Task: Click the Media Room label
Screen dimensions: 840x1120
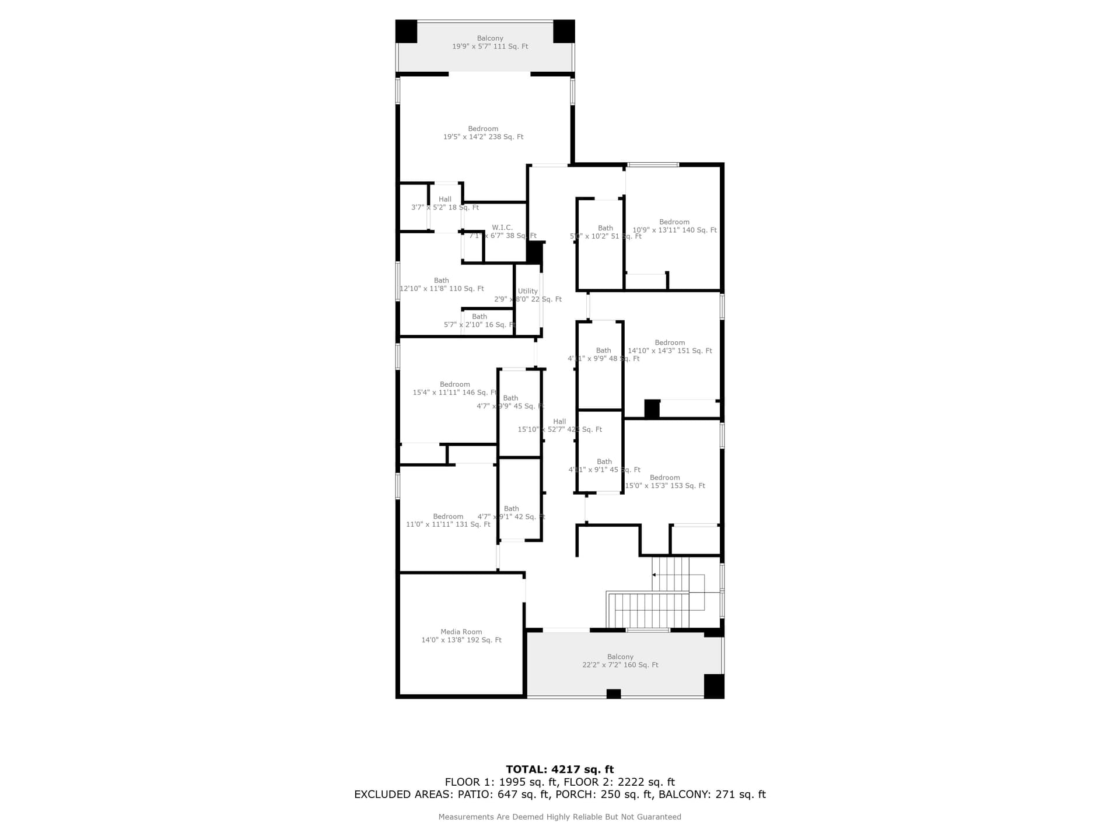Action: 461,636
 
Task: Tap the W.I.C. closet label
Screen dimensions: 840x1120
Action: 502,232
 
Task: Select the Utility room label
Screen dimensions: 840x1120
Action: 528,295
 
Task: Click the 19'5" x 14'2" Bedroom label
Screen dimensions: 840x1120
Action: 483,133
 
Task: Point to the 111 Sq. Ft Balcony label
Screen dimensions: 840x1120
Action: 490,42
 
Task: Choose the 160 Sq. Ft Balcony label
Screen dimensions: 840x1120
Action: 620,661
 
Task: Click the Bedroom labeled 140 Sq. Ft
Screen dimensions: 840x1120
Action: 674,226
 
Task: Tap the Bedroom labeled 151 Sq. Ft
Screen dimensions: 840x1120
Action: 670,347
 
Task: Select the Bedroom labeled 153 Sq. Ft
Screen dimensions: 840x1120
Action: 665,482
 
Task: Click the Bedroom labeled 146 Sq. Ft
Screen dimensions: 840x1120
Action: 454,388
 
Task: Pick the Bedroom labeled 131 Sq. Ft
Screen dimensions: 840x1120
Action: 448,520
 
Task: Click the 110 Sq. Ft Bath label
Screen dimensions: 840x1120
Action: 442,285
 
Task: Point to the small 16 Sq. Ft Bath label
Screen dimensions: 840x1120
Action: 480,321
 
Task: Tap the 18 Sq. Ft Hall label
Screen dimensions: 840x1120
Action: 445,204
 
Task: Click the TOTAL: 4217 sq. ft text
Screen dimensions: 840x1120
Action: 559,769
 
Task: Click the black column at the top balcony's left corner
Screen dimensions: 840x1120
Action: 407,31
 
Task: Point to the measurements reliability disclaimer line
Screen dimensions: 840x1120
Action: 559,817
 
